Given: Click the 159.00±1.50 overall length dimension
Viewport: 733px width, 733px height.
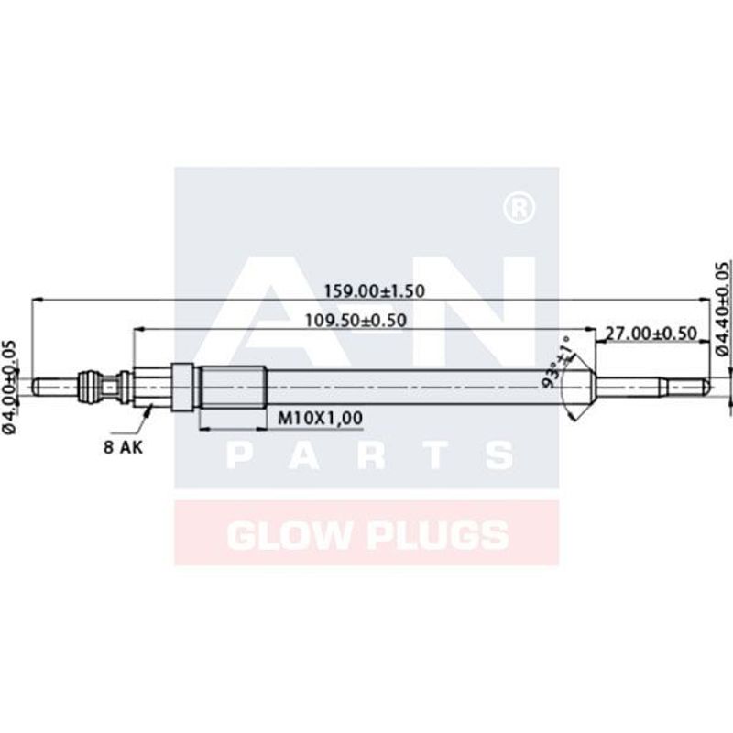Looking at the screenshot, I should (373, 290).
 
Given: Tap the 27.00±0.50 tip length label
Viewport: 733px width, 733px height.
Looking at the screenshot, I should (651, 334).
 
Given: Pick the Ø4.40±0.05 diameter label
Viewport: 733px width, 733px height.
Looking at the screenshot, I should (722, 308).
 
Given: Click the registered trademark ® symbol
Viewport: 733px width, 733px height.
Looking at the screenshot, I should (519, 208).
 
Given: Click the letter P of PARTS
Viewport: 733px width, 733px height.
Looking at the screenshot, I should (241, 455).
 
